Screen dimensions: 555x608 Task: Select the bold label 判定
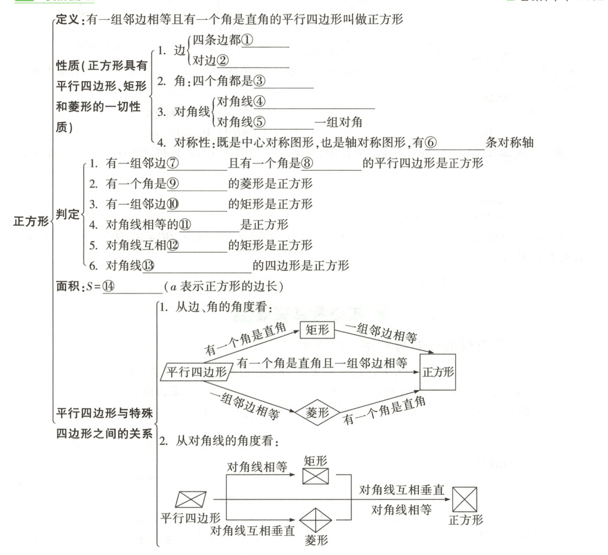tap(67, 214)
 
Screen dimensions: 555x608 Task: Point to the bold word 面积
tap(67, 287)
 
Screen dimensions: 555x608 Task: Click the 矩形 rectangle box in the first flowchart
tap(317, 330)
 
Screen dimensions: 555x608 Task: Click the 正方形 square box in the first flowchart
tap(437, 373)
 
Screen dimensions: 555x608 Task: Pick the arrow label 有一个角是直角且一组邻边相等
tap(322, 363)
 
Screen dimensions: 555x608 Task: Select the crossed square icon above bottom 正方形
tap(466, 499)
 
